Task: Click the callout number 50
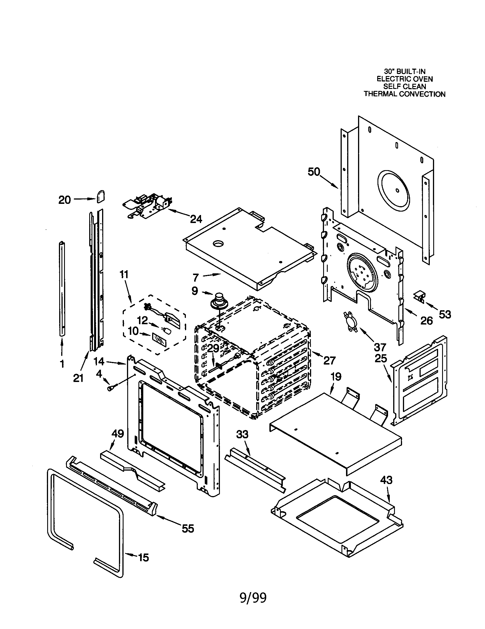[314, 172]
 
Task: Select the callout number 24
[196, 219]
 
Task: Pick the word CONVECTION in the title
[425, 94]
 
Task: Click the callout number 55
[188, 528]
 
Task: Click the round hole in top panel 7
[218, 244]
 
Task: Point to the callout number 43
[386, 480]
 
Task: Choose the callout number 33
[242, 434]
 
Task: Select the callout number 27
[329, 360]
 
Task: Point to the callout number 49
[118, 433]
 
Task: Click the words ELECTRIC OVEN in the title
[405, 79]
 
